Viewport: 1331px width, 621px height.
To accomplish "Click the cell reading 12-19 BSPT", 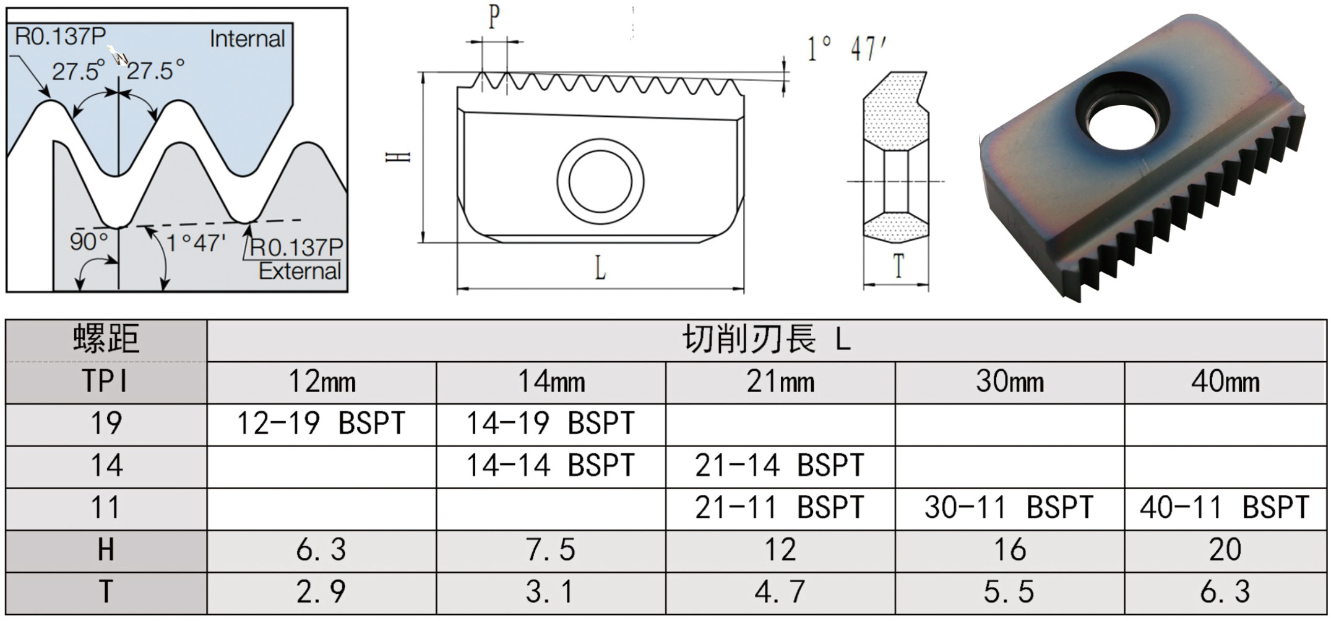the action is [322, 424].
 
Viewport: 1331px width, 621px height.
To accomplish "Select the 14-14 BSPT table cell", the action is [551, 466].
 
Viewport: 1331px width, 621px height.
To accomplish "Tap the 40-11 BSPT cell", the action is [1225, 508].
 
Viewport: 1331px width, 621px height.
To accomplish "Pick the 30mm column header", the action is [1010, 382].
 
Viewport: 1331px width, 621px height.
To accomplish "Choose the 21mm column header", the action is [780, 382].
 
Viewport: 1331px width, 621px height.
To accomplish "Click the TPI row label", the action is [106, 382].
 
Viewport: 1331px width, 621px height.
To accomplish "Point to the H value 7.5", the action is [551, 550].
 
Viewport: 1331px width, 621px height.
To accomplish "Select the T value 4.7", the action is [780, 593].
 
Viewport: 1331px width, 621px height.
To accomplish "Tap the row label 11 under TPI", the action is [106, 508].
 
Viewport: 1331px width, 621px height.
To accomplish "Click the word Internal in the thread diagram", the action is [247, 39].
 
